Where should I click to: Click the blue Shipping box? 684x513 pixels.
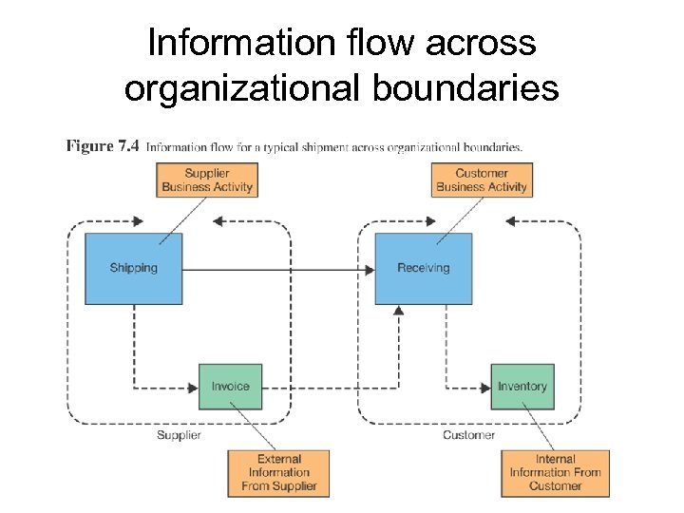pos(133,268)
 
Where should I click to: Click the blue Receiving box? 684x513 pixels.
pos(423,268)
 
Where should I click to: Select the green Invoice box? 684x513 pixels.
pos(230,387)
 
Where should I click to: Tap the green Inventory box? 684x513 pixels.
pos(522,387)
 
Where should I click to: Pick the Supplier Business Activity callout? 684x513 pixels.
pos(207,180)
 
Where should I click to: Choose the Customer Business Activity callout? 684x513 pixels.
pos(482,180)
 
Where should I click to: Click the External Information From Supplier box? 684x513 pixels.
pos(278,472)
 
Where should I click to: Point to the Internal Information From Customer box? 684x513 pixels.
pos(555,472)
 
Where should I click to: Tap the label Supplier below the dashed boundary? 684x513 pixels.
pos(179,435)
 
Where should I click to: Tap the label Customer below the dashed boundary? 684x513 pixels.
pos(468,435)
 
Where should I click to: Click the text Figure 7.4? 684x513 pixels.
pos(103,146)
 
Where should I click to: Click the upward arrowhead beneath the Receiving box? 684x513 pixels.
pos(399,310)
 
